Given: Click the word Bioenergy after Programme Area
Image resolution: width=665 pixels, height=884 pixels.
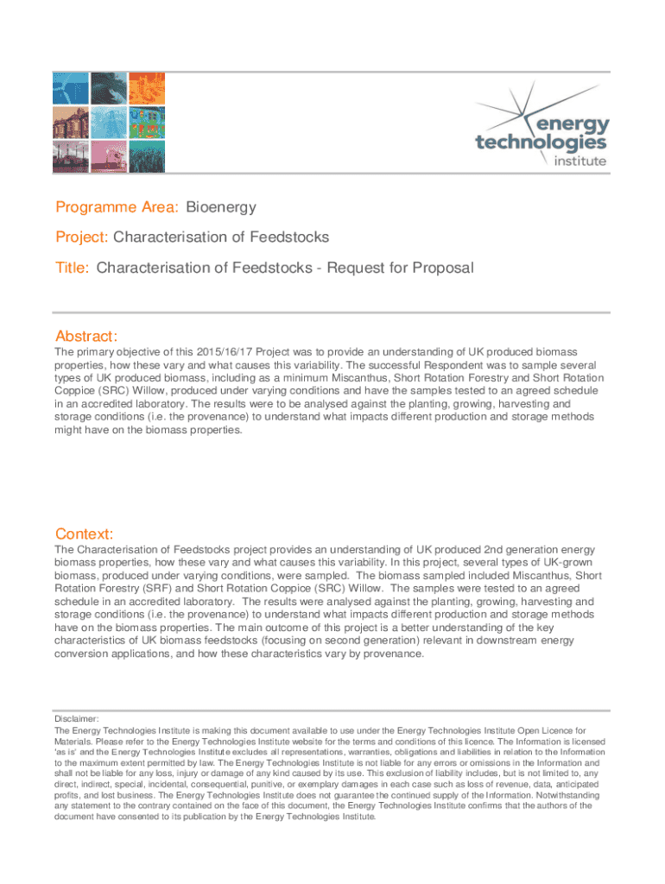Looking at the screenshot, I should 221,207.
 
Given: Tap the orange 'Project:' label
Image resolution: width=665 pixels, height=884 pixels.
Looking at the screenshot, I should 83,237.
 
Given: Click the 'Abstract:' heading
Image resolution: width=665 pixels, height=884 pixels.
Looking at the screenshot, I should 86,336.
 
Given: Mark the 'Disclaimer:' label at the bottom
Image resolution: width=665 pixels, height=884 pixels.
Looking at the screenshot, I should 77,718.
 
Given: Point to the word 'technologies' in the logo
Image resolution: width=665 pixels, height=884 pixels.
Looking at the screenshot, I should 541,142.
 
